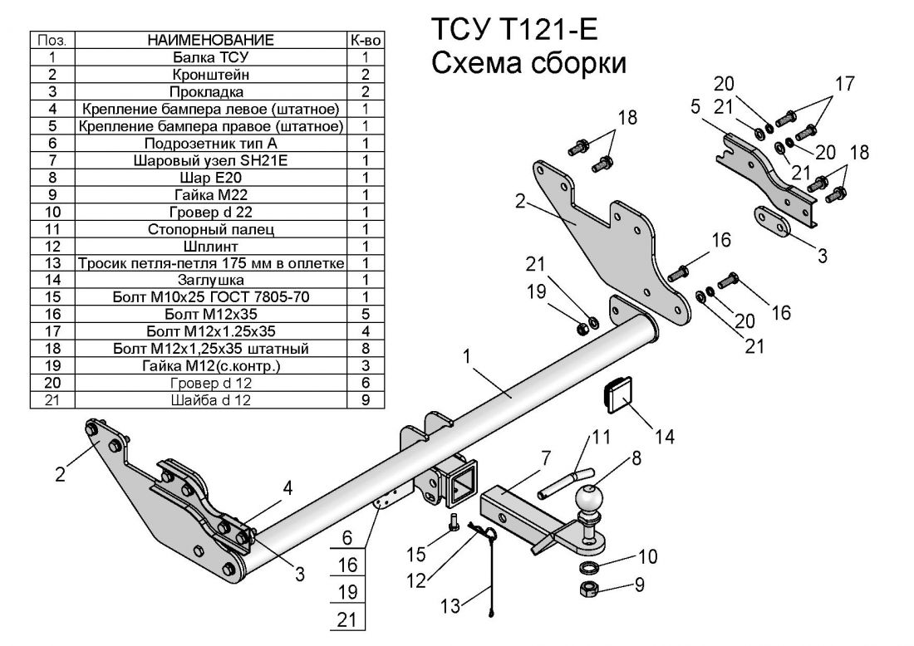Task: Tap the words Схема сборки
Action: coord(528,63)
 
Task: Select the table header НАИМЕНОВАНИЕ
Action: coord(210,40)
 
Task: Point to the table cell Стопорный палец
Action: coord(210,228)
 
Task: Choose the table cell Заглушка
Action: coord(210,280)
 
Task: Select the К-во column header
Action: coord(365,40)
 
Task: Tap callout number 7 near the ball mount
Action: coord(545,458)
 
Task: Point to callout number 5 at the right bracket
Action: coord(695,107)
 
